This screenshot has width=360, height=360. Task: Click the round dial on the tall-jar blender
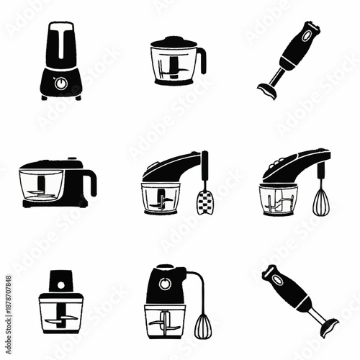[60, 83]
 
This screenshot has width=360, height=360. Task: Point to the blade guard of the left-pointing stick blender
[267, 91]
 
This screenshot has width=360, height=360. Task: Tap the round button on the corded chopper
[165, 283]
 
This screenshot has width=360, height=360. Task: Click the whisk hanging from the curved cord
[204, 325]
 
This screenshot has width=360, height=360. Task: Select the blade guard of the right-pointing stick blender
[328, 327]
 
